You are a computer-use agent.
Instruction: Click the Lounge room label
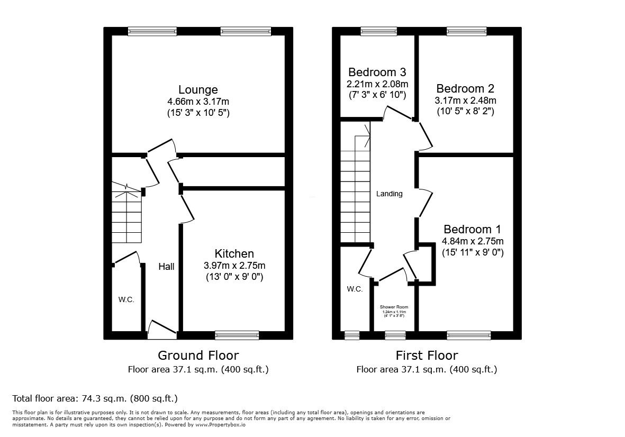coord(198,89)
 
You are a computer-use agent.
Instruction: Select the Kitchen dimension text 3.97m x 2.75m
coord(234,266)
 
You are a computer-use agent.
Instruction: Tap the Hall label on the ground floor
coord(166,267)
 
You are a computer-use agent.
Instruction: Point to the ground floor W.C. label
coord(126,299)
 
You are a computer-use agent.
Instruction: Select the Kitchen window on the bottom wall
coord(237,335)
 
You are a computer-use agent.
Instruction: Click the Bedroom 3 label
coord(377,72)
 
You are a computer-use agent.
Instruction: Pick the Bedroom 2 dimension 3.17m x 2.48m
coord(465,101)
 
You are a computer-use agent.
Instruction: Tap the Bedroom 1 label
coord(472,230)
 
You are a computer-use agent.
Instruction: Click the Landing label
coord(389,194)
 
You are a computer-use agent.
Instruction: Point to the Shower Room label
coord(394,307)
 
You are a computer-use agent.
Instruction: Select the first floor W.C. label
coord(354,289)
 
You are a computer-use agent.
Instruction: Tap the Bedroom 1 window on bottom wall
coord(468,335)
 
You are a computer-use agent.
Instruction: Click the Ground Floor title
coord(198,355)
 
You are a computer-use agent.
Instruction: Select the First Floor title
coord(427,355)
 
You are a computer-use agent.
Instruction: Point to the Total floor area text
coord(95,398)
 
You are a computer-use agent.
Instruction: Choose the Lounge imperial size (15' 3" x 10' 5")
coord(198,113)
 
